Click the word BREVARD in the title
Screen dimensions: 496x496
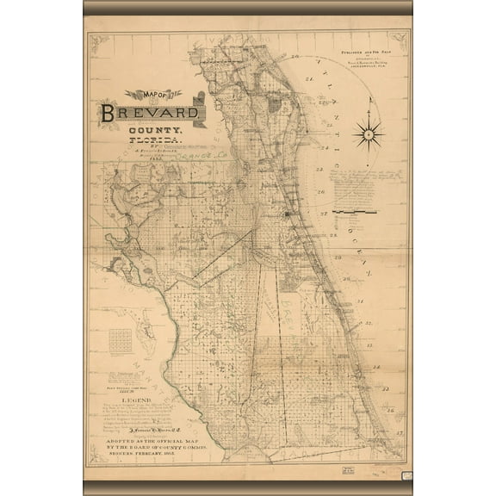[x=152, y=113]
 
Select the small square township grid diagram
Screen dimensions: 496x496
[x=125, y=339]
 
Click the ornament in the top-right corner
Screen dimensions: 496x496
[x=398, y=39]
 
